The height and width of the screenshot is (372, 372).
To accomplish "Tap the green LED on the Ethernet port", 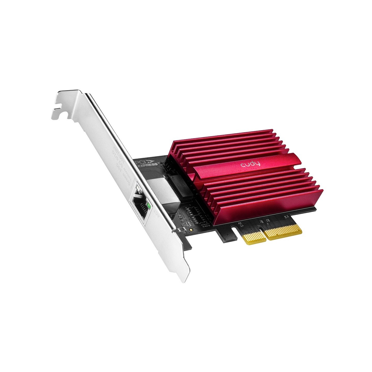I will (149, 206).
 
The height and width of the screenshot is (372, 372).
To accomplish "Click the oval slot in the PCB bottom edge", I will (234, 230).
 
